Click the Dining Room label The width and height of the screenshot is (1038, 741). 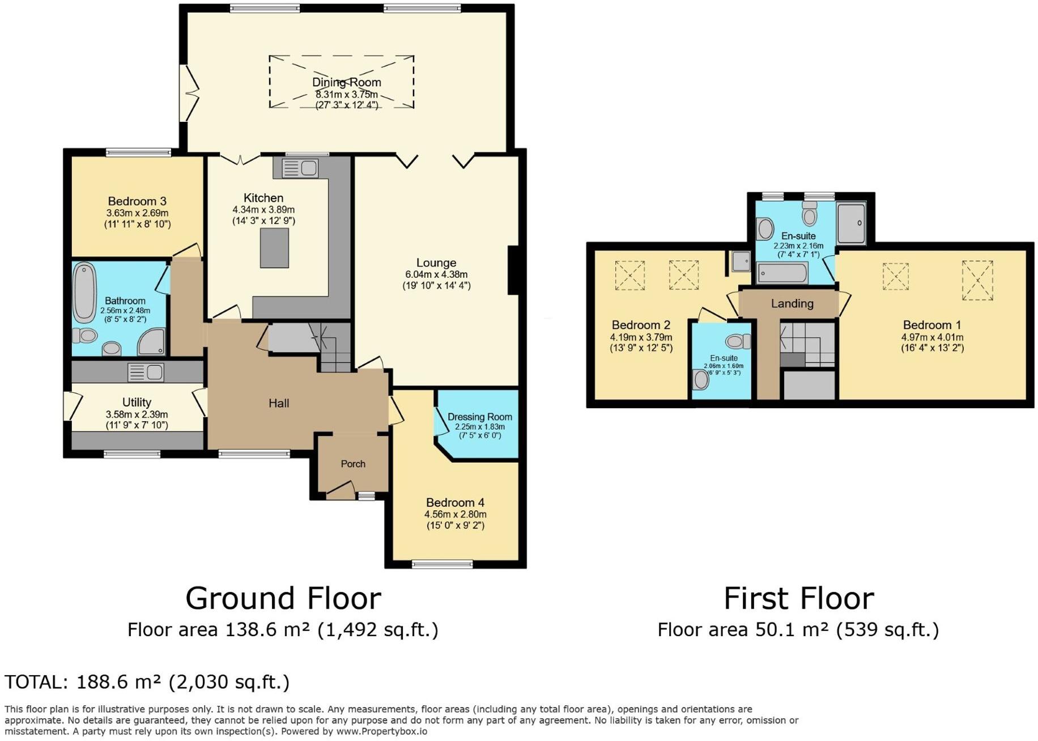[346, 83]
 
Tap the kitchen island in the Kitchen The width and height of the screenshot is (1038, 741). [274, 248]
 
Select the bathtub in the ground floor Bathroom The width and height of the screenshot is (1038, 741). [84, 293]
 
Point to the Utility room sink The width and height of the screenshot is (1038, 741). [146, 372]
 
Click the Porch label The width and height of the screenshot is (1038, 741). [353, 464]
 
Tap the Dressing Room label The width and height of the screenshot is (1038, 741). [479, 417]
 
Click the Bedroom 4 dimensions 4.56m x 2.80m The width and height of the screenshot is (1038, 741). [455, 515]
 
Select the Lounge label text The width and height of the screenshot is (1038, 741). [436, 263]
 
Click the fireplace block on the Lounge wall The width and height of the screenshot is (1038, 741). [513, 270]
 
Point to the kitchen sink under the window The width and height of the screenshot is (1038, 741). [300, 168]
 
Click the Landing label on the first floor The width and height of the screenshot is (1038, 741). [792, 304]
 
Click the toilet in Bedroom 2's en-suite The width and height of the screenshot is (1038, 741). [737, 341]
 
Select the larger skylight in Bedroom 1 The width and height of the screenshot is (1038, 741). [977, 280]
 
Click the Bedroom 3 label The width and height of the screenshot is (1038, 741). [137, 201]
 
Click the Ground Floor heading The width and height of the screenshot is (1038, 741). [283, 598]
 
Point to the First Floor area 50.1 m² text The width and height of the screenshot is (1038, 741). [798, 630]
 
